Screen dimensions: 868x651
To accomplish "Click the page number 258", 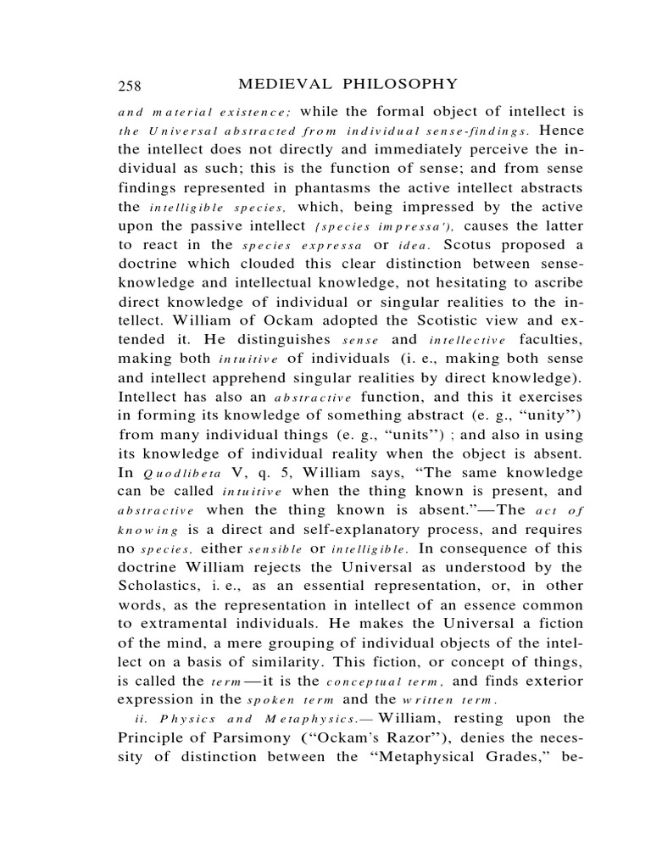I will pos(130,85).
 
